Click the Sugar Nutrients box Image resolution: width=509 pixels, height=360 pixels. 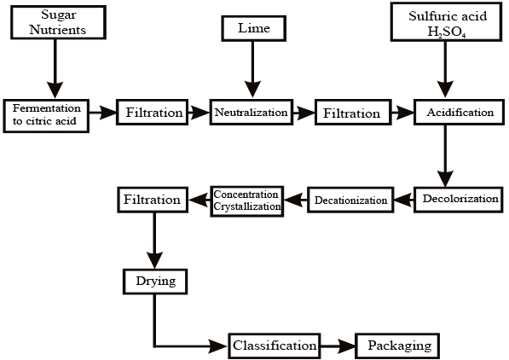tap(59, 22)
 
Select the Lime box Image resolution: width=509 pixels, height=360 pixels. tap(254, 29)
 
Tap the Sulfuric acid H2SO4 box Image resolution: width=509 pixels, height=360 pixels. tap(447, 22)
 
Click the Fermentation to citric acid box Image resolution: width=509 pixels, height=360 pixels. tap(46, 116)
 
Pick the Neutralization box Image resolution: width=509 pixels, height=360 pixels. tap(252, 113)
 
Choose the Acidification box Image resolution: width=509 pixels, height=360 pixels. tap(459, 113)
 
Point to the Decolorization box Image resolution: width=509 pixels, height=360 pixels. tap(459, 200)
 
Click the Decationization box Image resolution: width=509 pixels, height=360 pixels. tap(350, 200)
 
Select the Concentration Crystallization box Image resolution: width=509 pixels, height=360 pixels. tap(247, 201)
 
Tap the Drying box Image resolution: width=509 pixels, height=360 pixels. tap(155, 282)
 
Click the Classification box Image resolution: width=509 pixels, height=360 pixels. tap(275, 345)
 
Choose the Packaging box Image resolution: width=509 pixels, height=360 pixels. tap(397, 345)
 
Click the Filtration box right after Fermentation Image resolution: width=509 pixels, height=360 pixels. tap(153, 113)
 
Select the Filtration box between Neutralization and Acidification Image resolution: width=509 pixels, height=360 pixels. tap(353, 113)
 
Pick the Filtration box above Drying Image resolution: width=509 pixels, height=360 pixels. tap(153, 200)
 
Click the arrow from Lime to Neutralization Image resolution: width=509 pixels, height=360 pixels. tap(252, 69)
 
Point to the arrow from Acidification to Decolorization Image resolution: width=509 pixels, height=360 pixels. tap(445, 156)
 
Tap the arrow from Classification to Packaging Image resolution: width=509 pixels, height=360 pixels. tap(338, 346)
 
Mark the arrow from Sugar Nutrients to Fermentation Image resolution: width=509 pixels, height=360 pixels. tap(55, 68)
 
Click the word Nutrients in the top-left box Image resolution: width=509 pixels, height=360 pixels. tap(58, 30)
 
